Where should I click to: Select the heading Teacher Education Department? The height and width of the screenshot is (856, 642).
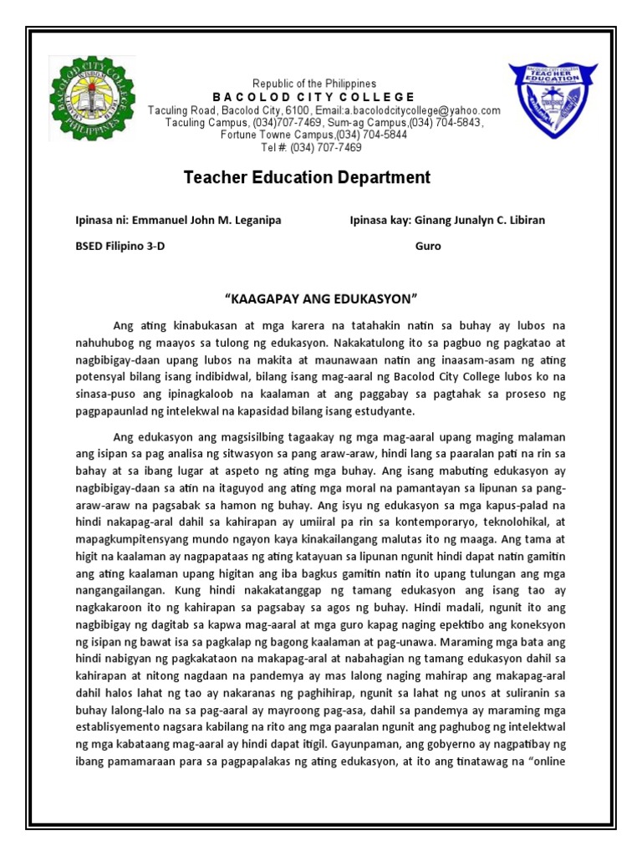[307, 177]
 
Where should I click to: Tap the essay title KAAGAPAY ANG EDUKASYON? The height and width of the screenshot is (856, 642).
[321, 299]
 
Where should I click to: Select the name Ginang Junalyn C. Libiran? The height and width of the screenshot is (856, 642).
[480, 221]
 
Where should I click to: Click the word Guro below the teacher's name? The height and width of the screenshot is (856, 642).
[427, 247]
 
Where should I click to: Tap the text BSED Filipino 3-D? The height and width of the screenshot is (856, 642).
[121, 247]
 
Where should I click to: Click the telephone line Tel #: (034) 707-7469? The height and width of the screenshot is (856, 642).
[312, 147]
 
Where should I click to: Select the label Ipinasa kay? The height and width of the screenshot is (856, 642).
[379, 221]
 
